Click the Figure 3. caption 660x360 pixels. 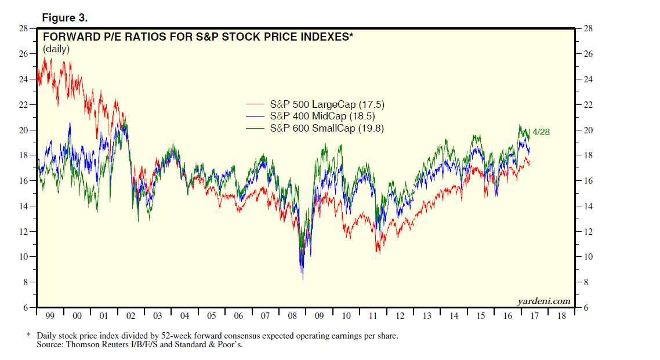coord(65,18)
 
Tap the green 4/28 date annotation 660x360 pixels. coord(541,132)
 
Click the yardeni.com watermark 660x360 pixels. coord(544,301)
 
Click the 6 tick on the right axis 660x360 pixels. coord(585,308)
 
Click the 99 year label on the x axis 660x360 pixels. coord(50,316)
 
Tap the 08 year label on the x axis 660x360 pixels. coord(292,316)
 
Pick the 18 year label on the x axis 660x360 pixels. coord(561,316)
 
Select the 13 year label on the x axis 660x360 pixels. coord(426,316)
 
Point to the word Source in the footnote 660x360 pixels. coord(50,345)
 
